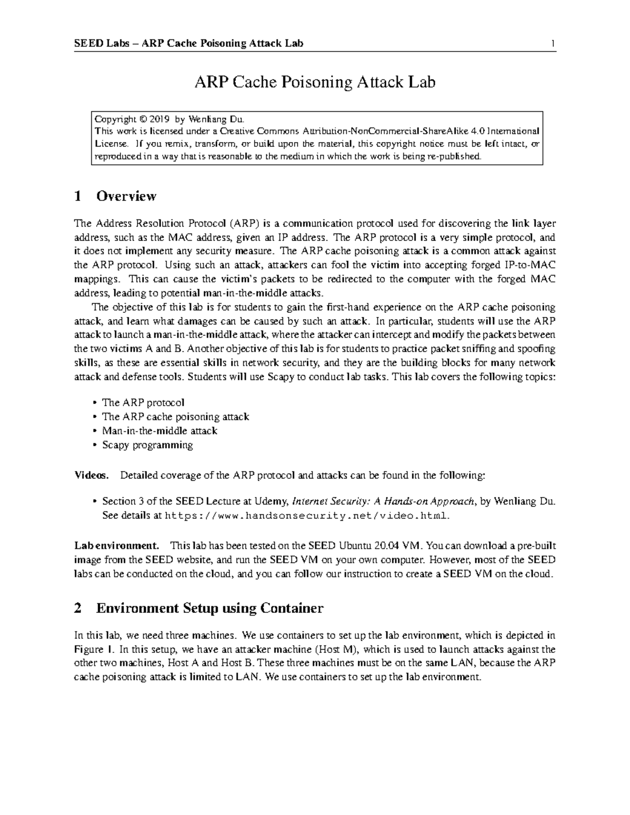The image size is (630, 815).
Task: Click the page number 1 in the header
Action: pos(553,44)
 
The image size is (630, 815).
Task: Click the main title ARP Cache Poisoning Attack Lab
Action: pos(315,82)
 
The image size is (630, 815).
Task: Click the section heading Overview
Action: pos(126,196)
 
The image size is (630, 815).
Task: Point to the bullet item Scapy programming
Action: pos(148,445)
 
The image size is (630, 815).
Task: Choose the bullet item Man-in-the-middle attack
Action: pos(160,431)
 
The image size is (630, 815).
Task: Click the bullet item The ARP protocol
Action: pos(143,403)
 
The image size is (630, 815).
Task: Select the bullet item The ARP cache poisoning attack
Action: pos(175,417)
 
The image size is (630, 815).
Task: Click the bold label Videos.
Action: pos(91,475)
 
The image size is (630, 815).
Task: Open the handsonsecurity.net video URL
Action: pos(307,515)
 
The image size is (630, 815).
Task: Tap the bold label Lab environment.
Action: pos(116,545)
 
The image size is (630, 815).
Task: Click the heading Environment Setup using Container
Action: pos(209,608)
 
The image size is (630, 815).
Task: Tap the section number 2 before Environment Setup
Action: pos(78,608)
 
